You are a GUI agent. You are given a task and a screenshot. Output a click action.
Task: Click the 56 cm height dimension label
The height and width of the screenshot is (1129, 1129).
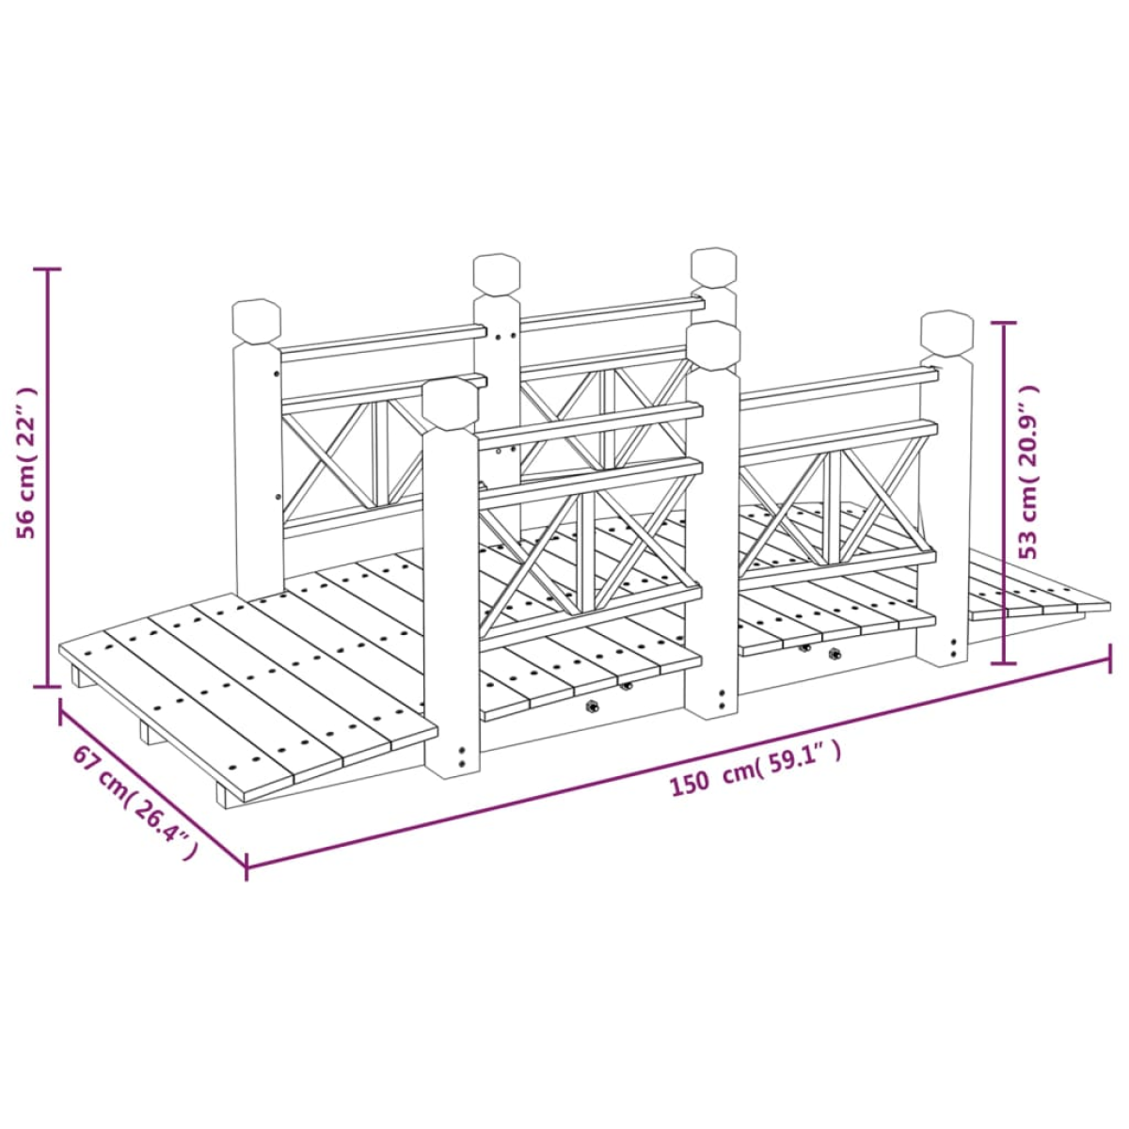(x=27, y=463)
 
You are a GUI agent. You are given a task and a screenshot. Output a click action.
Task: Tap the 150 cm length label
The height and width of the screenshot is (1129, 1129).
(x=755, y=770)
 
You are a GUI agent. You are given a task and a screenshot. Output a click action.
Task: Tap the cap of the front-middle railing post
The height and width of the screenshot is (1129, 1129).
(x=713, y=345)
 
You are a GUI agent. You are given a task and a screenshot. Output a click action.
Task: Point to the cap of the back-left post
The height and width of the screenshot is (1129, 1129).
(x=257, y=323)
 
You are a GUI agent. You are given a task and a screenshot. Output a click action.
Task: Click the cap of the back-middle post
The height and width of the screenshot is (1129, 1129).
(x=497, y=274)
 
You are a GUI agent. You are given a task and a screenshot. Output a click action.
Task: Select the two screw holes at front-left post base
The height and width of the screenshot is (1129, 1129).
(x=463, y=757)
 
